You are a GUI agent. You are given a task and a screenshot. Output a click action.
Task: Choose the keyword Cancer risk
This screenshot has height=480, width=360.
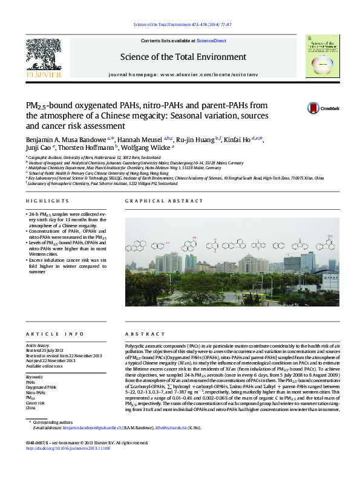[36, 403]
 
